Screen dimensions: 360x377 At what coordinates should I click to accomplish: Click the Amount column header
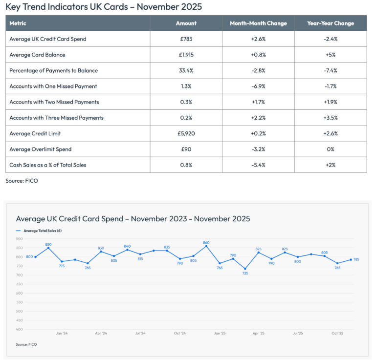coord(186,23)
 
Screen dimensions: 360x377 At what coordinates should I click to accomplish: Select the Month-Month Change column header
coord(258,23)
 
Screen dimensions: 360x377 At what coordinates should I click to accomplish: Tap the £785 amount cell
coord(186,39)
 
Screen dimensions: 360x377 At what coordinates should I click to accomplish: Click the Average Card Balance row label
coord(37,55)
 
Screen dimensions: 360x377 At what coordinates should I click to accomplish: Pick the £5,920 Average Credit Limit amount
coord(186,133)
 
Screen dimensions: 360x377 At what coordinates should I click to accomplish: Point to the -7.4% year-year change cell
coord(331,70)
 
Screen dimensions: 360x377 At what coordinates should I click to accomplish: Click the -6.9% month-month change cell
coord(258,86)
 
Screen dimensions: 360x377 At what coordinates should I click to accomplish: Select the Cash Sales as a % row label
coord(48,165)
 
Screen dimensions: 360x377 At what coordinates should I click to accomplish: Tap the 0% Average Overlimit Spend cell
coord(331,149)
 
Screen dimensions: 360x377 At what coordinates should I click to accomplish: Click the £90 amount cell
coord(186,149)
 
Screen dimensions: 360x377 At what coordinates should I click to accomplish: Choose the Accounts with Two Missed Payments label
coord(54,102)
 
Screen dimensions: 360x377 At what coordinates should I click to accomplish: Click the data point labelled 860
coord(206,246)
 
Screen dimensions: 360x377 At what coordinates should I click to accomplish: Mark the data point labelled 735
coord(245,269)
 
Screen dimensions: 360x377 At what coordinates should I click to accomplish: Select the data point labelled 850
coord(48,248)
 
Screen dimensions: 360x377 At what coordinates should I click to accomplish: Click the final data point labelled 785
coord(351,260)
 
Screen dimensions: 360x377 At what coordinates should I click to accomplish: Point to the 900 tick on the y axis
coord(19,239)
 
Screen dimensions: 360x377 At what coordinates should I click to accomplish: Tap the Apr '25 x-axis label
coord(258,334)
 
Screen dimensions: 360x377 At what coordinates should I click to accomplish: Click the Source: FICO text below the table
coord(22,181)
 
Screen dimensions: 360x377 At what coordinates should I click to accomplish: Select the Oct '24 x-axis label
coord(180,334)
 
